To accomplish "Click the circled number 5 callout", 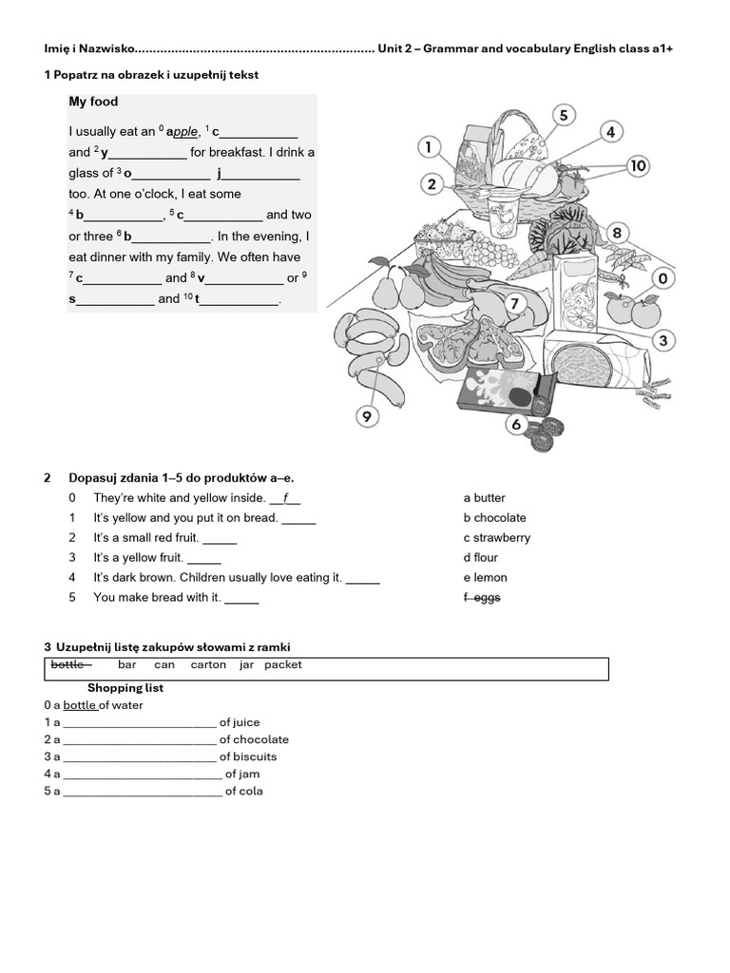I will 564,115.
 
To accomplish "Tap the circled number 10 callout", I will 637,166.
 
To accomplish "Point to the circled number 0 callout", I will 663,278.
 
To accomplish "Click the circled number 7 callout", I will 514,304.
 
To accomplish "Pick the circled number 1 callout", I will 430,147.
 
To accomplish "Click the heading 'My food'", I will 93,102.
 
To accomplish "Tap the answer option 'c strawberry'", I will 497,538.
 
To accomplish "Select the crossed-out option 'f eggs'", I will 482,598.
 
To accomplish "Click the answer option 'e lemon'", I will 486,578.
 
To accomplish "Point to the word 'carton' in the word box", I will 208,665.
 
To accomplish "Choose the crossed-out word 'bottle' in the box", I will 68,665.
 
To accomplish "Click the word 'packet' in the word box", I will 283,665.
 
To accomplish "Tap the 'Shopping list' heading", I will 125,687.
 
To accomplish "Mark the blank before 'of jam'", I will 142,775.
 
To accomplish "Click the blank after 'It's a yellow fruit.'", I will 203,560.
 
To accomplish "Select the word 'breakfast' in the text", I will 248,152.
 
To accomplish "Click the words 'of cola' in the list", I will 244,792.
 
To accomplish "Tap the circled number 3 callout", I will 664,340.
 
